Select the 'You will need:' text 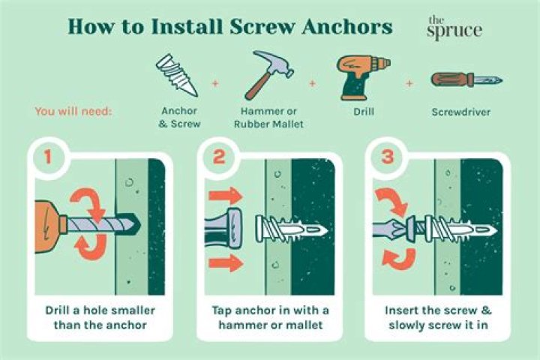pyautogui.click(x=73, y=111)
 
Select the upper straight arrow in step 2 pyautogui.click(x=224, y=196)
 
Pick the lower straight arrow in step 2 pyautogui.click(x=224, y=262)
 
